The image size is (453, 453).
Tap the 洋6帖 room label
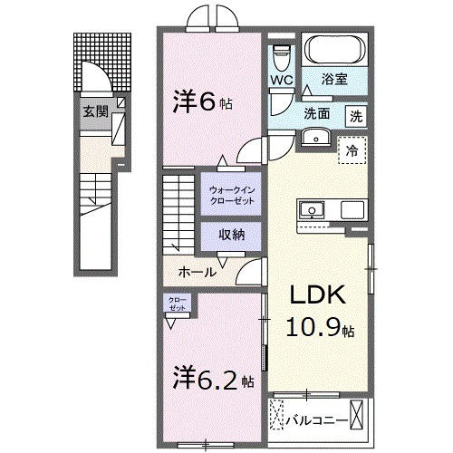pyautogui.click(x=203, y=102)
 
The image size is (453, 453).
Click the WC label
pyautogui.click(x=281, y=79)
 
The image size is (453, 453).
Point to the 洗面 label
pyautogui.click(x=317, y=115)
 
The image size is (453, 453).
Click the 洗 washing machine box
pyautogui.click(x=358, y=115)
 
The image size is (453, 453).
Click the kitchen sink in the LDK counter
pyautogui.click(x=313, y=209)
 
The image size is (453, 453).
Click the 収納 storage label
pyautogui.click(x=232, y=234)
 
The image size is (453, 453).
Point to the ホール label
pyautogui.click(x=197, y=271)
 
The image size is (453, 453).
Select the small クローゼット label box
pyautogui.click(x=176, y=304)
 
